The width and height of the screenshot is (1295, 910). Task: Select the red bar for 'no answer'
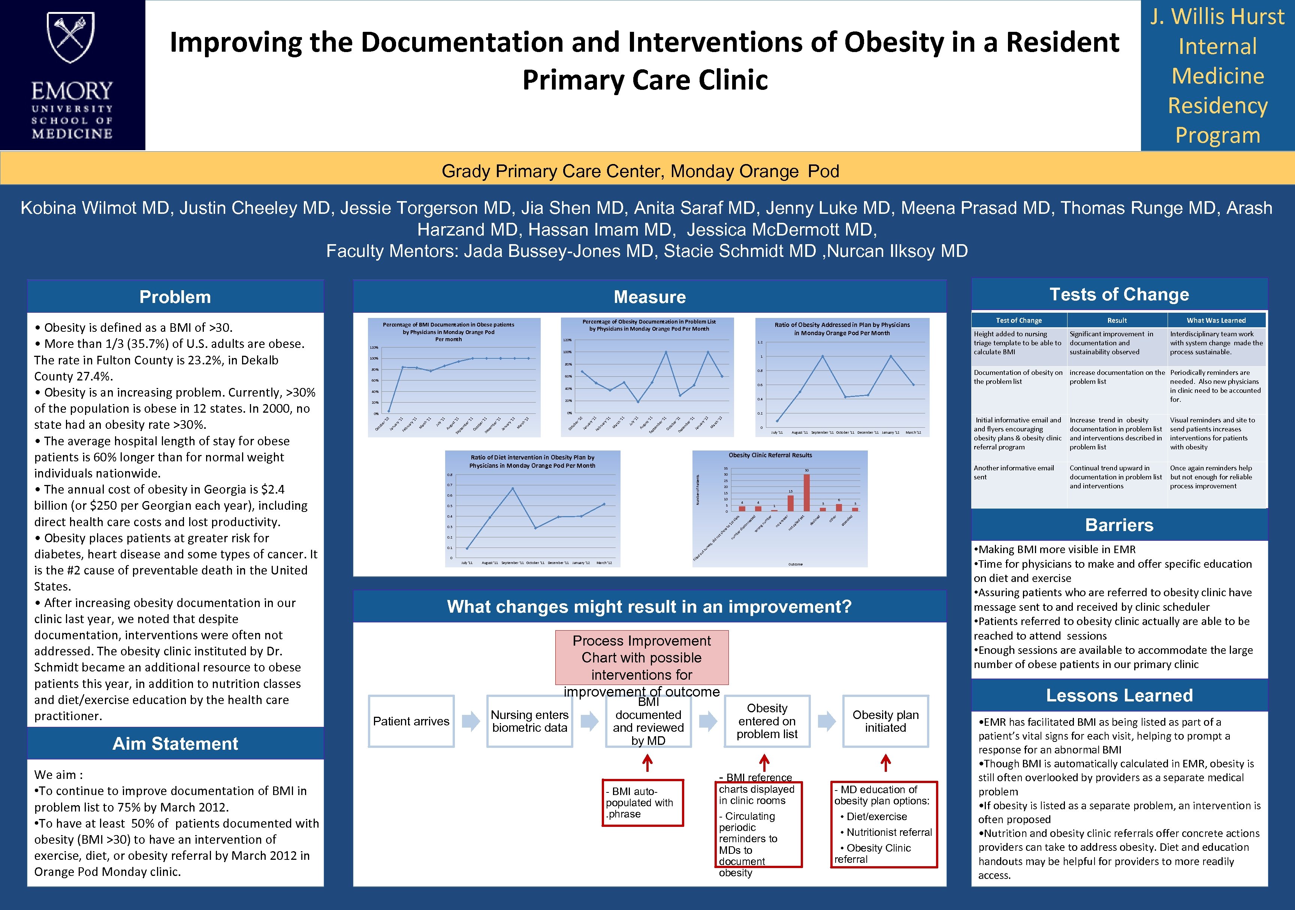coord(791,503)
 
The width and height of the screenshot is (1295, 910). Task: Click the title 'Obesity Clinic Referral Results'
coord(770,455)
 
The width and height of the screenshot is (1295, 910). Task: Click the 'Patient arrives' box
coord(411,721)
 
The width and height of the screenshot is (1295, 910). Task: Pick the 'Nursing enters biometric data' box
coord(529,721)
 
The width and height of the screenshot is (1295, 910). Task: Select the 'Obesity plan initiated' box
coord(885,721)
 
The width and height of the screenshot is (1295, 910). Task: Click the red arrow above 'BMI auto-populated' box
coord(647,764)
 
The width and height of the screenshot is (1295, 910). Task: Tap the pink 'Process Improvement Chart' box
coord(642,658)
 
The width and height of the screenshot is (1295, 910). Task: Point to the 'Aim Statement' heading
coord(175,744)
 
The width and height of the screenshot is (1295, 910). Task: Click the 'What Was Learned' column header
coord(1216,320)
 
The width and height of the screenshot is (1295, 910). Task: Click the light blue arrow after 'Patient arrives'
coord(470,721)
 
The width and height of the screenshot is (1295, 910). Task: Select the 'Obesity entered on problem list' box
coord(767,721)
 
